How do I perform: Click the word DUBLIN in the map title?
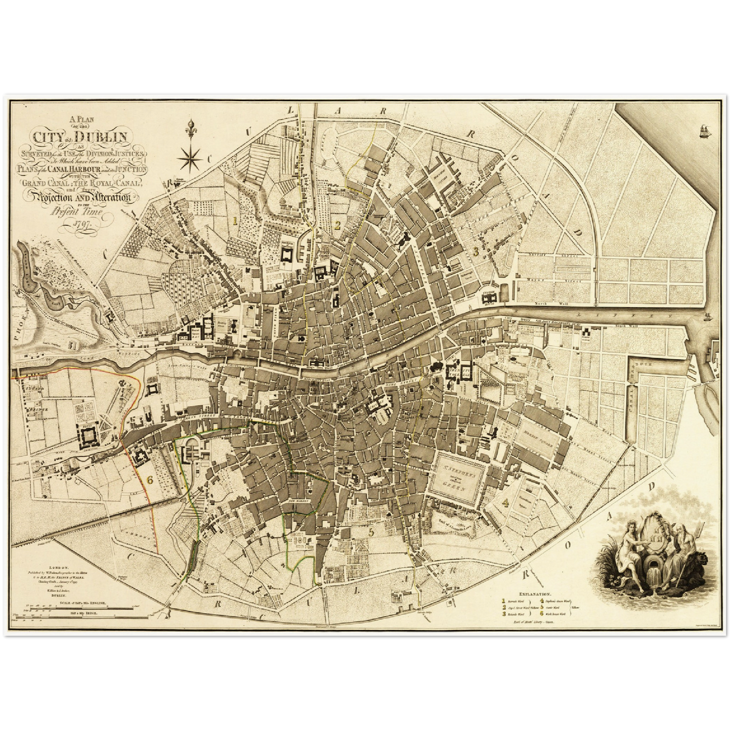point(106,137)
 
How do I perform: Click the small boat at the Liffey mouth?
point(707,317)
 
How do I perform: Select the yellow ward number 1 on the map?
point(234,221)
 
